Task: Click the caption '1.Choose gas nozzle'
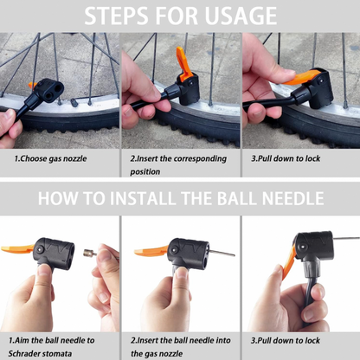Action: [50, 158]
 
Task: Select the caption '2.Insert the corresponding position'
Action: [178, 165]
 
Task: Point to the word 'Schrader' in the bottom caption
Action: [24, 353]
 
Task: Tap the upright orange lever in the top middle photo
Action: [183, 63]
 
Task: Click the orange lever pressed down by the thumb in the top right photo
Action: [300, 78]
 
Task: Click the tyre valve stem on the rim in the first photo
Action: [74, 102]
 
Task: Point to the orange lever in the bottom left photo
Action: [17, 248]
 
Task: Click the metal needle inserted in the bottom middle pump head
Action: [222, 254]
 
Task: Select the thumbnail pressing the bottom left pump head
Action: [43, 271]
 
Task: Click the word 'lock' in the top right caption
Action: [312, 158]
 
